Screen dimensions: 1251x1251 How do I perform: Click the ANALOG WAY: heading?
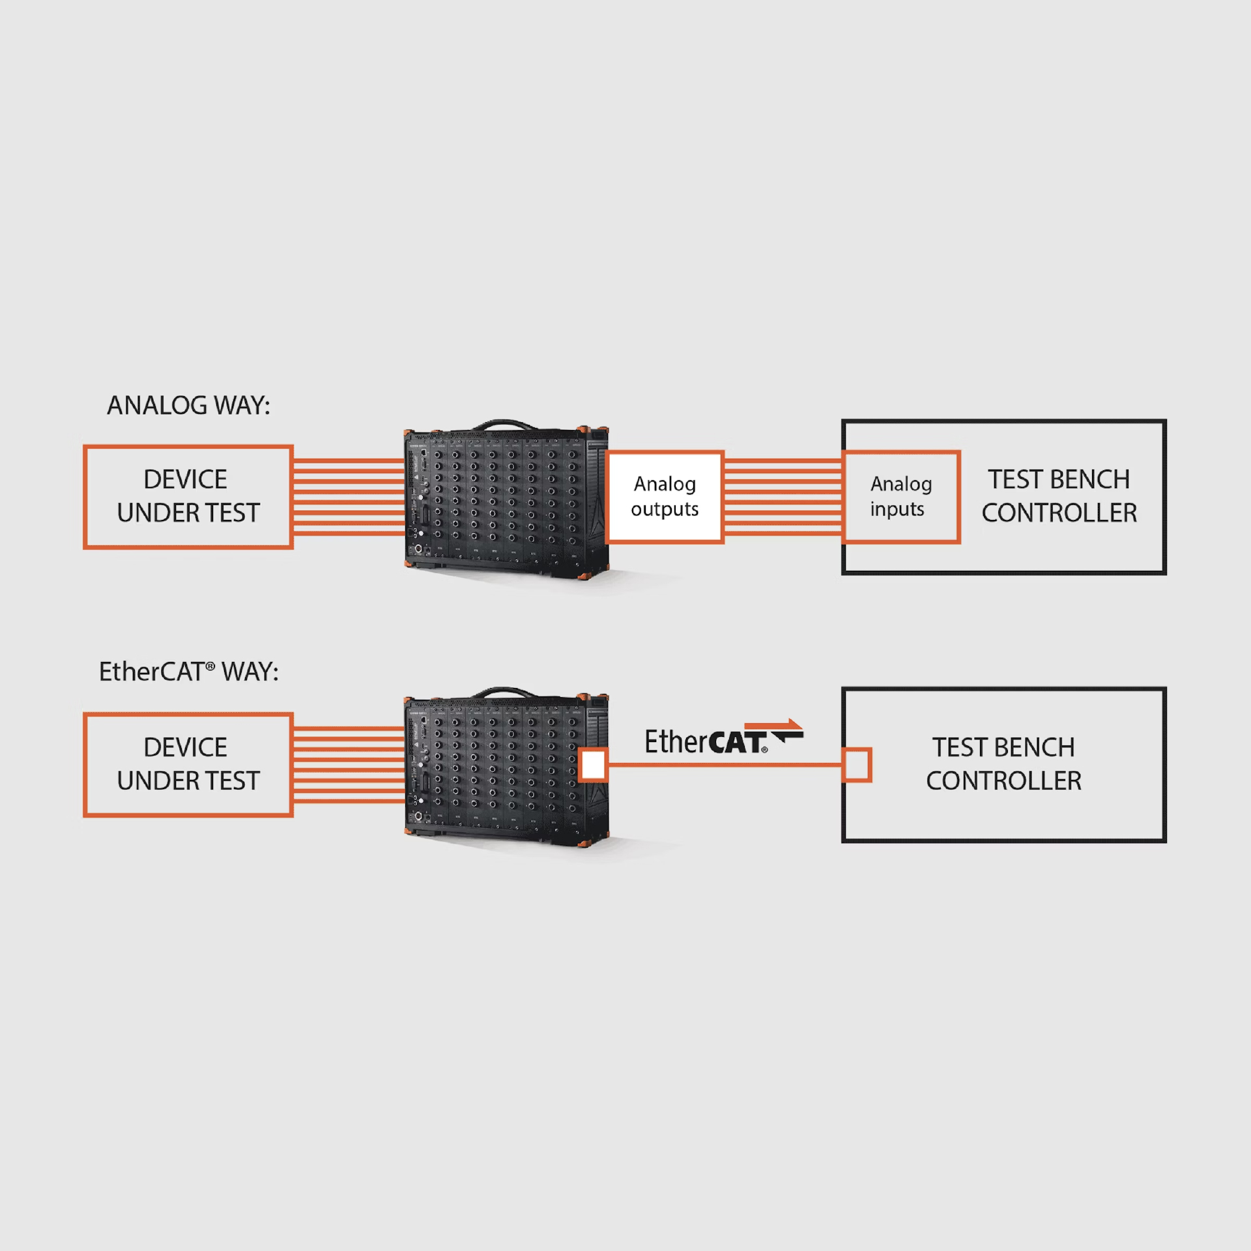coord(188,405)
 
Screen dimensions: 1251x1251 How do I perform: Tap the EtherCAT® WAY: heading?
coord(188,672)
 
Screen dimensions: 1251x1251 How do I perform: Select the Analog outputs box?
coord(665,496)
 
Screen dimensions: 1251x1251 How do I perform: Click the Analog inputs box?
coord(901,496)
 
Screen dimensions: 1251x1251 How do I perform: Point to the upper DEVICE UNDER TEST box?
coord(188,496)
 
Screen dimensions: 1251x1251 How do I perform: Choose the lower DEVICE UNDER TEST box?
coord(188,764)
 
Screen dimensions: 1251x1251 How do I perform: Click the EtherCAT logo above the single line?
coord(723,739)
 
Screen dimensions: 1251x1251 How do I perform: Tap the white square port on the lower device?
coord(593,765)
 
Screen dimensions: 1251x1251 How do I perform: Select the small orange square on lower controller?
coord(857,765)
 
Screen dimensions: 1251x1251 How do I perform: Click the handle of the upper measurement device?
coord(505,424)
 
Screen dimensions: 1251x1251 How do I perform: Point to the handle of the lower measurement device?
coord(505,692)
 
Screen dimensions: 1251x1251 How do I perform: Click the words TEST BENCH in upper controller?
coord(1059,480)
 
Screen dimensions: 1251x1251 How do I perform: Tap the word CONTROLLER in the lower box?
coord(1003,781)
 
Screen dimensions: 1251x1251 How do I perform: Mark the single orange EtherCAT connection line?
coord(723,765)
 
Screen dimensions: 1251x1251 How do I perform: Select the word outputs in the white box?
coord(665,509)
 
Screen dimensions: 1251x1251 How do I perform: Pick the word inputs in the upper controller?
coord(897,509)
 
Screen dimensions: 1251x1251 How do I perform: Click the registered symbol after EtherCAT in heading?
coord(210,666)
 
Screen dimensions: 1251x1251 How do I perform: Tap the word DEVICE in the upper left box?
coord(186,480)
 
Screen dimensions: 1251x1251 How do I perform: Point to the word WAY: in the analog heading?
coord(242,405)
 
